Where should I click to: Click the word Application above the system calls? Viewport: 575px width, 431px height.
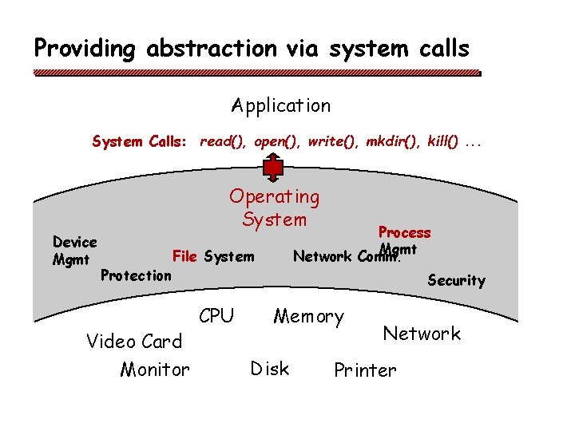coord(280,105)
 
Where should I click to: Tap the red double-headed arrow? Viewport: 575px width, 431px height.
coord(274,168)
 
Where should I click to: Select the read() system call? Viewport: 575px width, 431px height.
coord(223,142)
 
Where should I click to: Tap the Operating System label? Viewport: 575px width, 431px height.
coord(274,208)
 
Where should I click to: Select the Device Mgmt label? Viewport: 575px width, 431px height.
coord(74,250)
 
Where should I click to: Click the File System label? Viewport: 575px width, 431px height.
coord(213,256)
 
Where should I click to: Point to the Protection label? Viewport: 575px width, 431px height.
coord(136,275)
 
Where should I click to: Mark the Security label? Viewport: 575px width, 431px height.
coord(456,280)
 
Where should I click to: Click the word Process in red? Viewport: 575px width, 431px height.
coord(404,232)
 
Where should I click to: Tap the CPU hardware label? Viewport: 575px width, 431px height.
coord(216,316)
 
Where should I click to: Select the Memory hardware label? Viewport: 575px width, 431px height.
coord(308,317)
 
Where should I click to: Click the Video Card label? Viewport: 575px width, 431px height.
coord(134,342)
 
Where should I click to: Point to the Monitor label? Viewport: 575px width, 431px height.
coord(155,370)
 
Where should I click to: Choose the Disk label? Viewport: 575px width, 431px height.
coord(269,368)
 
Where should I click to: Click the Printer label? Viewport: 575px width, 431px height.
coord(364,370)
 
